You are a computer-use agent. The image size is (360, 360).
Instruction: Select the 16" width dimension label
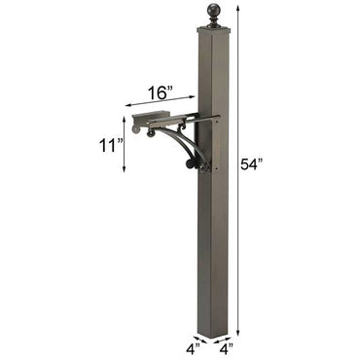[161, 92]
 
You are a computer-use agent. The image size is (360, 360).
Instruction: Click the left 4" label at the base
[193, 346]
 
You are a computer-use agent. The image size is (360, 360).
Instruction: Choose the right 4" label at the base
[226, 346]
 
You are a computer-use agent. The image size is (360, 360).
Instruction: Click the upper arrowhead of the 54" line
[236, 8]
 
